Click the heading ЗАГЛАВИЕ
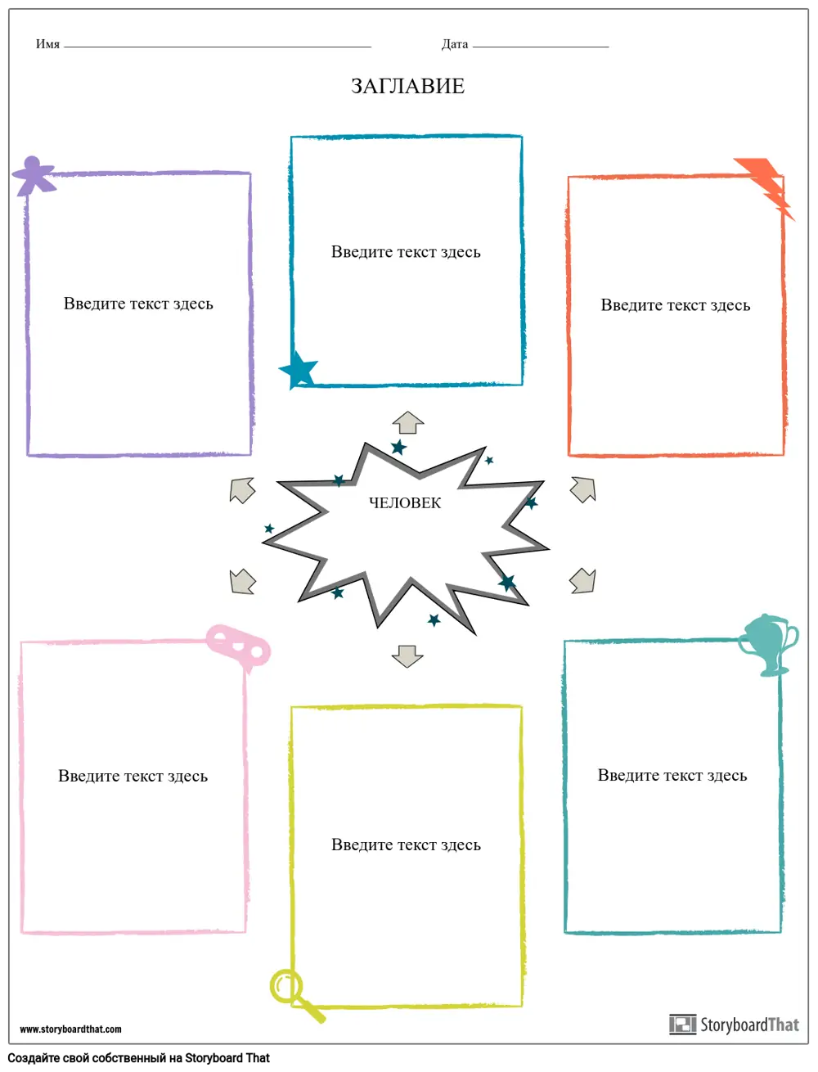[407, 86]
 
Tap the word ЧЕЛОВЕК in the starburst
[405, 503]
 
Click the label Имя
[47, 44]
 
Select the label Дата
[454, 44]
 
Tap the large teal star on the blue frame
[299, 370]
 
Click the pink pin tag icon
[237, 646]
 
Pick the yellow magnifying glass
[293, 993]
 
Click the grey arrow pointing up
[407, 423]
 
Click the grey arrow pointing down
[407, 655]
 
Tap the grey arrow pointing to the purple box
[242, 490]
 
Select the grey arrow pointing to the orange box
[582, 489]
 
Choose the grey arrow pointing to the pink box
[242, 581]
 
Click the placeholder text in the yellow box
[406, 845]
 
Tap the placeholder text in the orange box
[675, 305]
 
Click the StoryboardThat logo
[734, 1024]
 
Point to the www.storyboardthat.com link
[70, 1029]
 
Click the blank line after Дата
[541, 46]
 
